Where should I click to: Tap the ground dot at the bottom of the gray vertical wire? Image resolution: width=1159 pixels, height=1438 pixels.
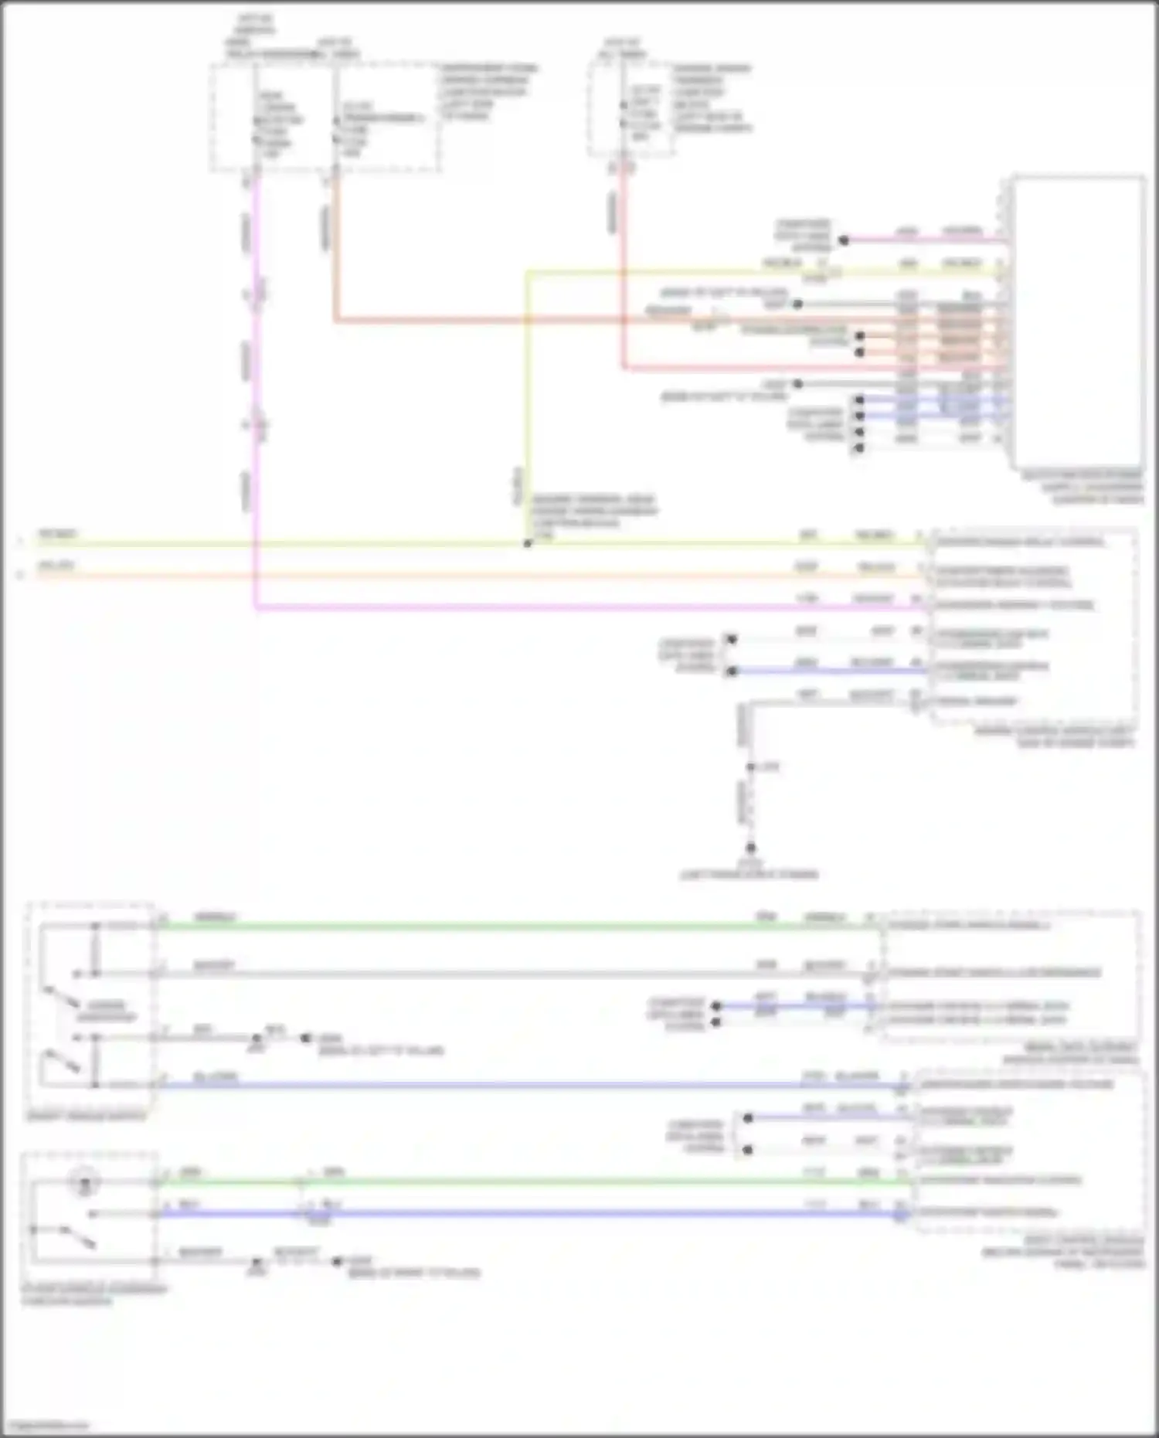click(749, 848)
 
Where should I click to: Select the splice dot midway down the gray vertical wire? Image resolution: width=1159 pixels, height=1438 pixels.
click(750, 767)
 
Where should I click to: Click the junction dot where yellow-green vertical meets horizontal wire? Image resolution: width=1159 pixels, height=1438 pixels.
click(528, 543)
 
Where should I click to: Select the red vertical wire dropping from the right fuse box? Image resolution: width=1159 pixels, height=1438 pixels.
click(623, 270)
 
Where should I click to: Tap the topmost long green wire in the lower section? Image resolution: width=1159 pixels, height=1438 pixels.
click(464, 925)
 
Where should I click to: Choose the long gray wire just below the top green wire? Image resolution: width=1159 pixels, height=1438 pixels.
click(464, 974)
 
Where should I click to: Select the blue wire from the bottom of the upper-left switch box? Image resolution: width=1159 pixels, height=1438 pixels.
click(464, 1086)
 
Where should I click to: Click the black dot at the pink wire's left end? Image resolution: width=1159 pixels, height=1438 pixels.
click(844, 240)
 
